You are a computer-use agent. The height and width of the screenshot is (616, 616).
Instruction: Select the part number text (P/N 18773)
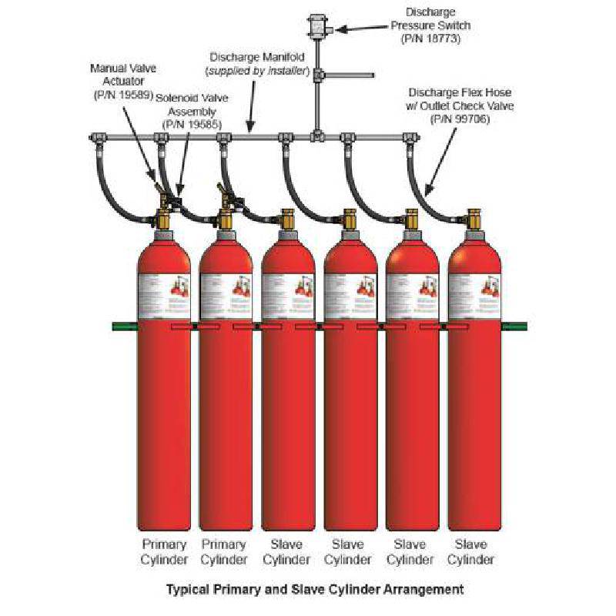pos(430,38)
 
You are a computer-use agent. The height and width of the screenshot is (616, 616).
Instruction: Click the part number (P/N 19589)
pos(119,94)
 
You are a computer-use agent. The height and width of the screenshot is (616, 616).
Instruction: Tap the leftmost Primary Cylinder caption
pos(162,552)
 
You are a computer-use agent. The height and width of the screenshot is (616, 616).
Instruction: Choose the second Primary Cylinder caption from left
pos(226,552)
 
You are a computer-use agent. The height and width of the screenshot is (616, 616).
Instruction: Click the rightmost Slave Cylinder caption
pos(471,552)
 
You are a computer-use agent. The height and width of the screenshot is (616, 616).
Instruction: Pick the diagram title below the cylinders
pos(314,590)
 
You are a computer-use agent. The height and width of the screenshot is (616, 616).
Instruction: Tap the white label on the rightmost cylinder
pos(474,296)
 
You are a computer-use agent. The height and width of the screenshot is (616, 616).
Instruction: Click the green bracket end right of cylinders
pos(514,326)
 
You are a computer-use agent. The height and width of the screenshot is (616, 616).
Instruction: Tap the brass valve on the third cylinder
pos(287,220)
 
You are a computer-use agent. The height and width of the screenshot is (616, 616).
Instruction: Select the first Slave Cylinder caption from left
pos(287,552)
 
